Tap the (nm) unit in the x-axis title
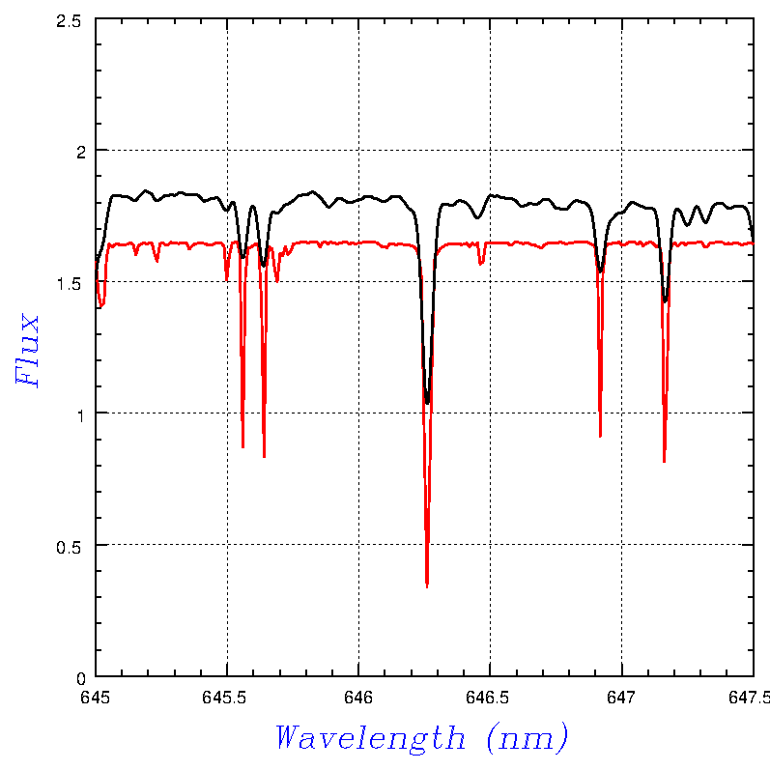pyautogui.click(x=528, y=738)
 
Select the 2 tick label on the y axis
pyautogui.click(x=80, y=151)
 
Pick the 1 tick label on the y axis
pyautogui.click(x=80, y=414)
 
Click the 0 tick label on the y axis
pyautogui.click(x=80, y=676)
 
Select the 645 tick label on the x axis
pyautogui.click(x=96, y=696)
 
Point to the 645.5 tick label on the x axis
pyautogui.click(x=227, y=696)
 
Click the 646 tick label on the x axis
pyautogui.click(x=358, y=696)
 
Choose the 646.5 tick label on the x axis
pyautogui.click(x=490, y=696)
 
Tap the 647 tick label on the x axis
pyautogui.click(x=621, y=696)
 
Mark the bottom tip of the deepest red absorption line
pyautogui.click(x=427, y=586)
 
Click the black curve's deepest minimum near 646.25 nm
pyautogui.click(x=427, y=403)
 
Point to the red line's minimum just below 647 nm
pyautogui.click(x=600, y=437)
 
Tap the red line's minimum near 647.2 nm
pyautogui.click(x=664, y=462)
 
